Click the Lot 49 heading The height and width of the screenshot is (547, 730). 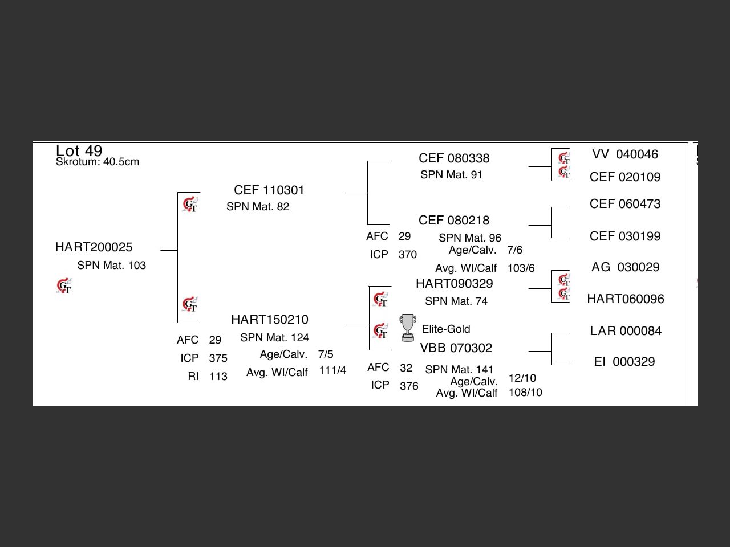tap(79, 150)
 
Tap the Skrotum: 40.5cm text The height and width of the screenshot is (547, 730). tap(98, 162)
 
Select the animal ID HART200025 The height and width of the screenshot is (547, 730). tap(94, 247)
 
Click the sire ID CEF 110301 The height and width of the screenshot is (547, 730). tap(269, 190)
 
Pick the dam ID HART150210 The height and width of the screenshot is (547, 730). tap(270, 320)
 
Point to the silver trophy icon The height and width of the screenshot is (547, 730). tap(407, 328)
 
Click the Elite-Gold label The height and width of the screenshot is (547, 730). tap(446, 329)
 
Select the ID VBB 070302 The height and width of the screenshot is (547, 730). tap(456, 348)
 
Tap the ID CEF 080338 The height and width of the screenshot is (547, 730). tap(454, 158)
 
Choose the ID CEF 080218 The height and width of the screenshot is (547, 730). tap(454, 221)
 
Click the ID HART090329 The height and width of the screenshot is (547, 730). tap(455, 284)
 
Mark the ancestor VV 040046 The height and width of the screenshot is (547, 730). tap(625, 154)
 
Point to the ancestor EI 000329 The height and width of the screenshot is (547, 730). tap(624, 362)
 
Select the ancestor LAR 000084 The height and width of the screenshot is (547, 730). tap(626, 331)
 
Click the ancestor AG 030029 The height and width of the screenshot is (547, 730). tap(626, 267)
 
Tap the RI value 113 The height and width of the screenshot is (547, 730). tap(218, 377)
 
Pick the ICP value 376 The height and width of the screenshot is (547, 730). tap(409, 386)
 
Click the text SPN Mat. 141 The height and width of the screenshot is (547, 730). tap(459, 370)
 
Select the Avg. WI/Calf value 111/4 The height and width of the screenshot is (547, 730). tap(332, 371)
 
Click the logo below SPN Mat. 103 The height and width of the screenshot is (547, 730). tap(64, 286)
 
